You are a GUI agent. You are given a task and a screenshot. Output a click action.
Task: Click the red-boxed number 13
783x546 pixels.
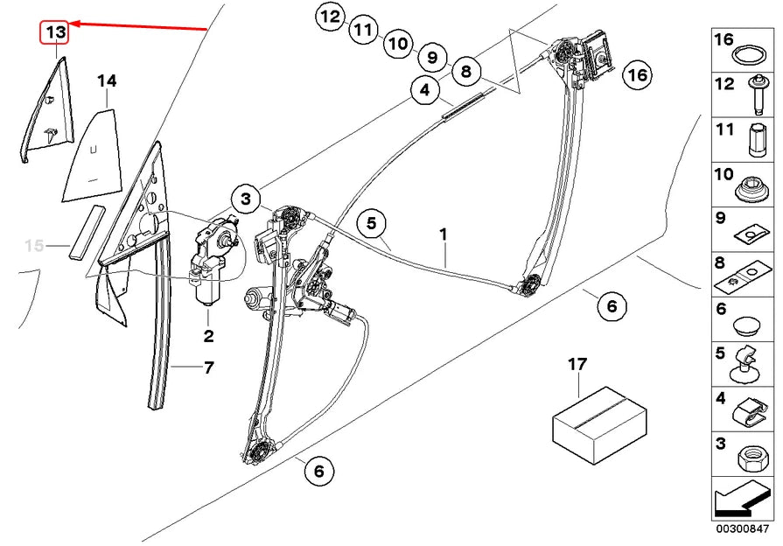point(55,32)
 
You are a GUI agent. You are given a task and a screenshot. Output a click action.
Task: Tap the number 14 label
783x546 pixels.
point(106,81)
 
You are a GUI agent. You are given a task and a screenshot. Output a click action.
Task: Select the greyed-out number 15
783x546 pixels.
point(33,246)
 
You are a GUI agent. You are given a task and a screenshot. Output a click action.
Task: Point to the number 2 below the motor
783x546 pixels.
point(208,336)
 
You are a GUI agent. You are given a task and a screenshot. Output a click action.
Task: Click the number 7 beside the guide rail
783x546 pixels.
point(208,368)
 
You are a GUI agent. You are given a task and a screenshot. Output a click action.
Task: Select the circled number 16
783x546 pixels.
point(638,75)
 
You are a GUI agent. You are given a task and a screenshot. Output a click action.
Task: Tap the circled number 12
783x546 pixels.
point(331,17)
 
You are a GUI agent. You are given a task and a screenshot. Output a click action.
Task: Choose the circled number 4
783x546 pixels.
point(424,90)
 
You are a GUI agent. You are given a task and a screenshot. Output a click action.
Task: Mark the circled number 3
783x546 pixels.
point(248,199)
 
